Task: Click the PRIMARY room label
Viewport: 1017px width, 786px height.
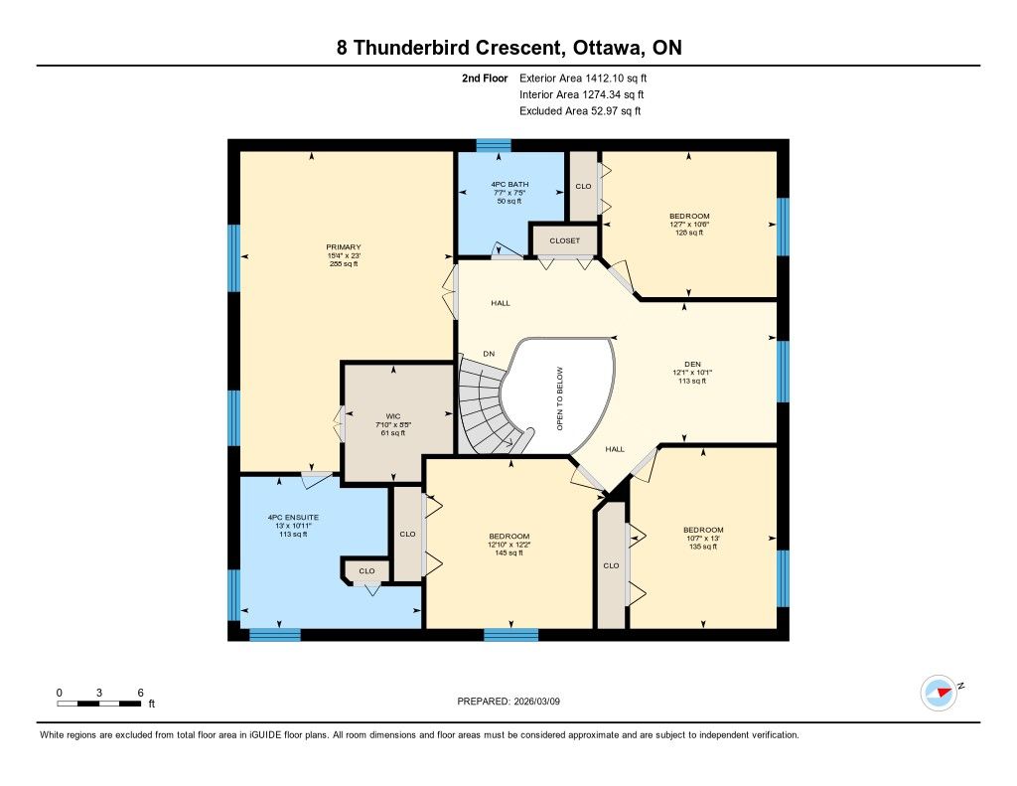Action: point(343,247)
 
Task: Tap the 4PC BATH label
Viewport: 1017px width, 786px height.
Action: point(509,185)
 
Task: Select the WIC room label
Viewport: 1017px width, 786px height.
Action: point(393,416)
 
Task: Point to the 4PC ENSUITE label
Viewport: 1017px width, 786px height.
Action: point(293,518)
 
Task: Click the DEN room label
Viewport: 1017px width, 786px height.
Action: point(692,364)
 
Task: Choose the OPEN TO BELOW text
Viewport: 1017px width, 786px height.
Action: point(560,398)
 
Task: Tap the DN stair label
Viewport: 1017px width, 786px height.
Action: point(489,354)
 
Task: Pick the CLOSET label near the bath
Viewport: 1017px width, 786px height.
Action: point(564,240)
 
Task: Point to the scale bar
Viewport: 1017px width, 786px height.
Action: point(98,704)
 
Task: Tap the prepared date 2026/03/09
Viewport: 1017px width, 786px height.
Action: point(537,702)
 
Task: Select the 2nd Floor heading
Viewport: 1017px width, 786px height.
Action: point(485,79)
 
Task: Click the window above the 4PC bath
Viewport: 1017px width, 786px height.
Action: point(494,145)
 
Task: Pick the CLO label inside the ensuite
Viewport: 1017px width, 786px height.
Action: point(366,571)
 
